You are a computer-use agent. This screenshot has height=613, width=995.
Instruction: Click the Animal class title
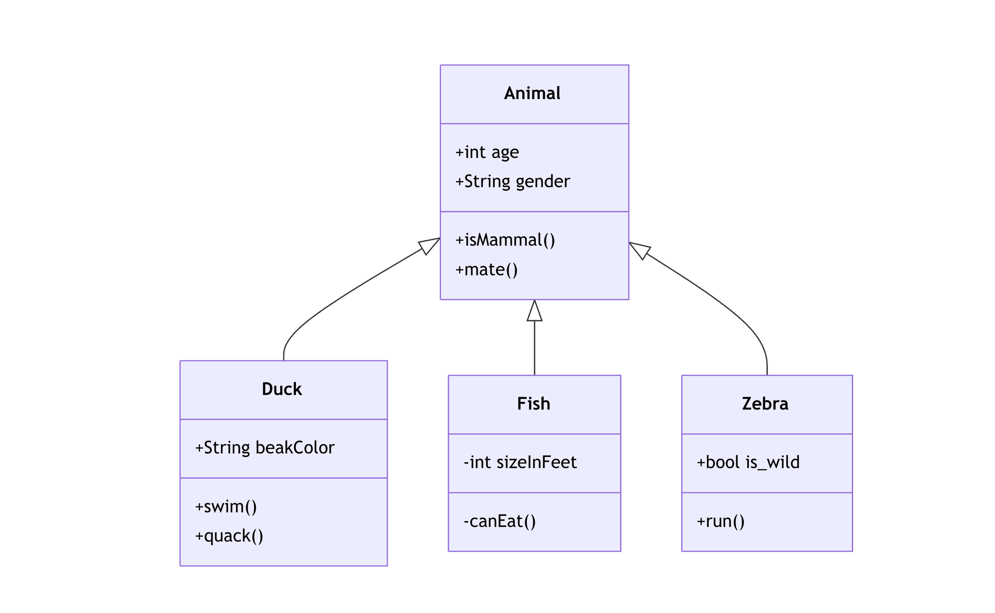click(532, 93)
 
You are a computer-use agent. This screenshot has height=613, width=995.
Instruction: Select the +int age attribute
click(487, 153)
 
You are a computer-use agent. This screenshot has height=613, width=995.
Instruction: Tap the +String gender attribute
click(512, 182)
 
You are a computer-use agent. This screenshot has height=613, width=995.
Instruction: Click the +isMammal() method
click(505, 240)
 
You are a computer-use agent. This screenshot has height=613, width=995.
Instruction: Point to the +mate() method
click(486, 270)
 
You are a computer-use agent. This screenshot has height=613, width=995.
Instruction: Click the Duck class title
click(282, 389)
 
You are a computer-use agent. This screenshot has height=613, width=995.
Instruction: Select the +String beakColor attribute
click(265, 448)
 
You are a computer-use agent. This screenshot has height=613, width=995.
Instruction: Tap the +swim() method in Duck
click(226, 507)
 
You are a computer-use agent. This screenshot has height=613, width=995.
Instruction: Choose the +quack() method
click(229, 536)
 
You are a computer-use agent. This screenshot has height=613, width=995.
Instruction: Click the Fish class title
click(533, 404)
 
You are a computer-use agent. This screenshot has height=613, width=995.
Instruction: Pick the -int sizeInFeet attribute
click(520, 462)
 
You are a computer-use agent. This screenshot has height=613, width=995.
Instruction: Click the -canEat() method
click(499, 521)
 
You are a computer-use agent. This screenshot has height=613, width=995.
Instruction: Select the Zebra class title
click(765, 404)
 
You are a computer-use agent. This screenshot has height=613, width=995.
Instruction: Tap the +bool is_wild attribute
click(748, 462)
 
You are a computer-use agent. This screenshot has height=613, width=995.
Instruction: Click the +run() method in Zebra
click(721, 521)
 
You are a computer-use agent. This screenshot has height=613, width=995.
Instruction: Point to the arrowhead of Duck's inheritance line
click(429, 245)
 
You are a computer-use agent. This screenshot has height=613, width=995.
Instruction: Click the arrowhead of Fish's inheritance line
click(534, 312)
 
